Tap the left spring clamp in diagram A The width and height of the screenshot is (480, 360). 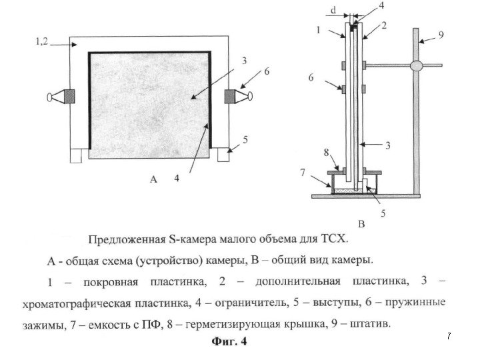pyautogui.click(x=62, y=96)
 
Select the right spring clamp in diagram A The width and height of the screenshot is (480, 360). pyautogui.click(x=238, y=96)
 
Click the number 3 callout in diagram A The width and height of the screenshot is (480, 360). pyautogui.click(x=245, y=60)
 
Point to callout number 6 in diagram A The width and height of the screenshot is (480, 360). pyautogui.click(x=267, y=71)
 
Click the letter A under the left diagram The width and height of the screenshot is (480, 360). pyautogui.click(x=153, y=179)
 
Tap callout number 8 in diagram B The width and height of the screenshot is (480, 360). pyautogui.click(x=326, y=153)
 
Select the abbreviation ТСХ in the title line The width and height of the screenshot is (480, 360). pyautogui.click(x=352, y=237)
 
